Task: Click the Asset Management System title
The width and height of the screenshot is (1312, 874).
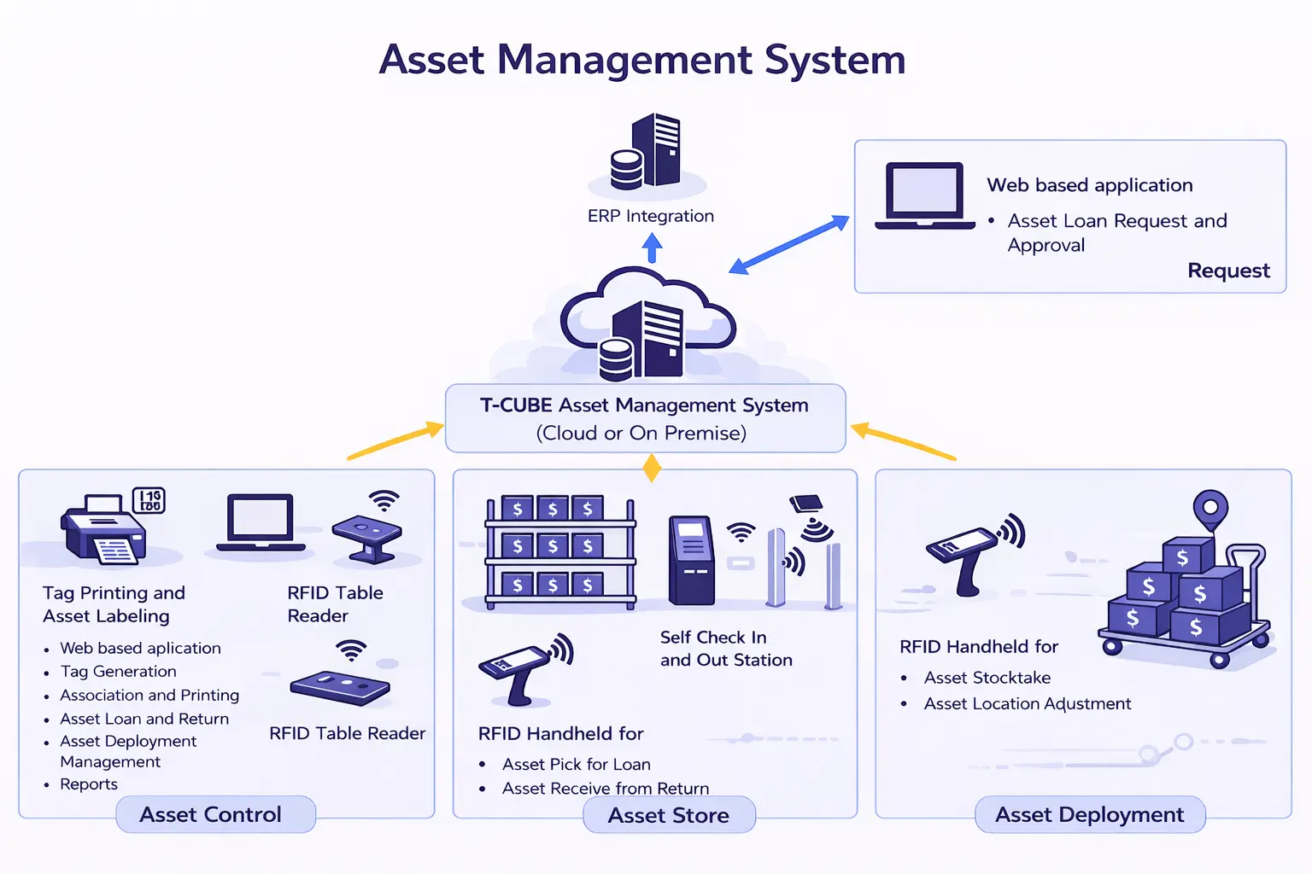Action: pyautogui.click(x=642, y=60)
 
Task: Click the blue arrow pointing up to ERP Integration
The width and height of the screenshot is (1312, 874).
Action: pyautogui.click(x=653, y=248)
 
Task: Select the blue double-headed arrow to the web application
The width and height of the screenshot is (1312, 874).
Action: pyautogui.click(x=789, y=245)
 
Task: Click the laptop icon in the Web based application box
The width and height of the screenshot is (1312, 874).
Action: pyautogui.click(x=925, y=196)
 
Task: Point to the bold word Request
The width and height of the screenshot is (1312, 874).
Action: pyautogui.click(x=1228, y=271)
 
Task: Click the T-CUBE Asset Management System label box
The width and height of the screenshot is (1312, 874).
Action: pyautogui.click(x=645, y=418)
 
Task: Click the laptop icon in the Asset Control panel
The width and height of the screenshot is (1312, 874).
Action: pyautogui.click(x=261, y=523)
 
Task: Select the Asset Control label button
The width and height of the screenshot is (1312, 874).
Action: pyautogui.click(x=211, y=815)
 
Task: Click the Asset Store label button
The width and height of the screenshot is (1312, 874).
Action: pyautogui.click(x=669, y=816)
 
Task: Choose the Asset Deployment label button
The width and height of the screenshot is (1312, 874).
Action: pyautogui.click(x=1089, y=815)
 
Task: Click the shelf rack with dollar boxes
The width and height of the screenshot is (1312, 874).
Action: pyautogui.click(x=560, y=551)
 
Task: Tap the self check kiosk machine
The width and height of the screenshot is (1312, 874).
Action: pyautogui.click(x=690, y=560)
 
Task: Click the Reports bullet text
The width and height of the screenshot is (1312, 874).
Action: pyautogui.click(x=89, y=784)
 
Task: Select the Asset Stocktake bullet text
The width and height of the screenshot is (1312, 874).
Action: pyautogui.click(x=987, y=678)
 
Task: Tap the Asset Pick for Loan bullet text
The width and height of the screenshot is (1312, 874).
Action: pyautogui.click(x=577, y=765)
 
